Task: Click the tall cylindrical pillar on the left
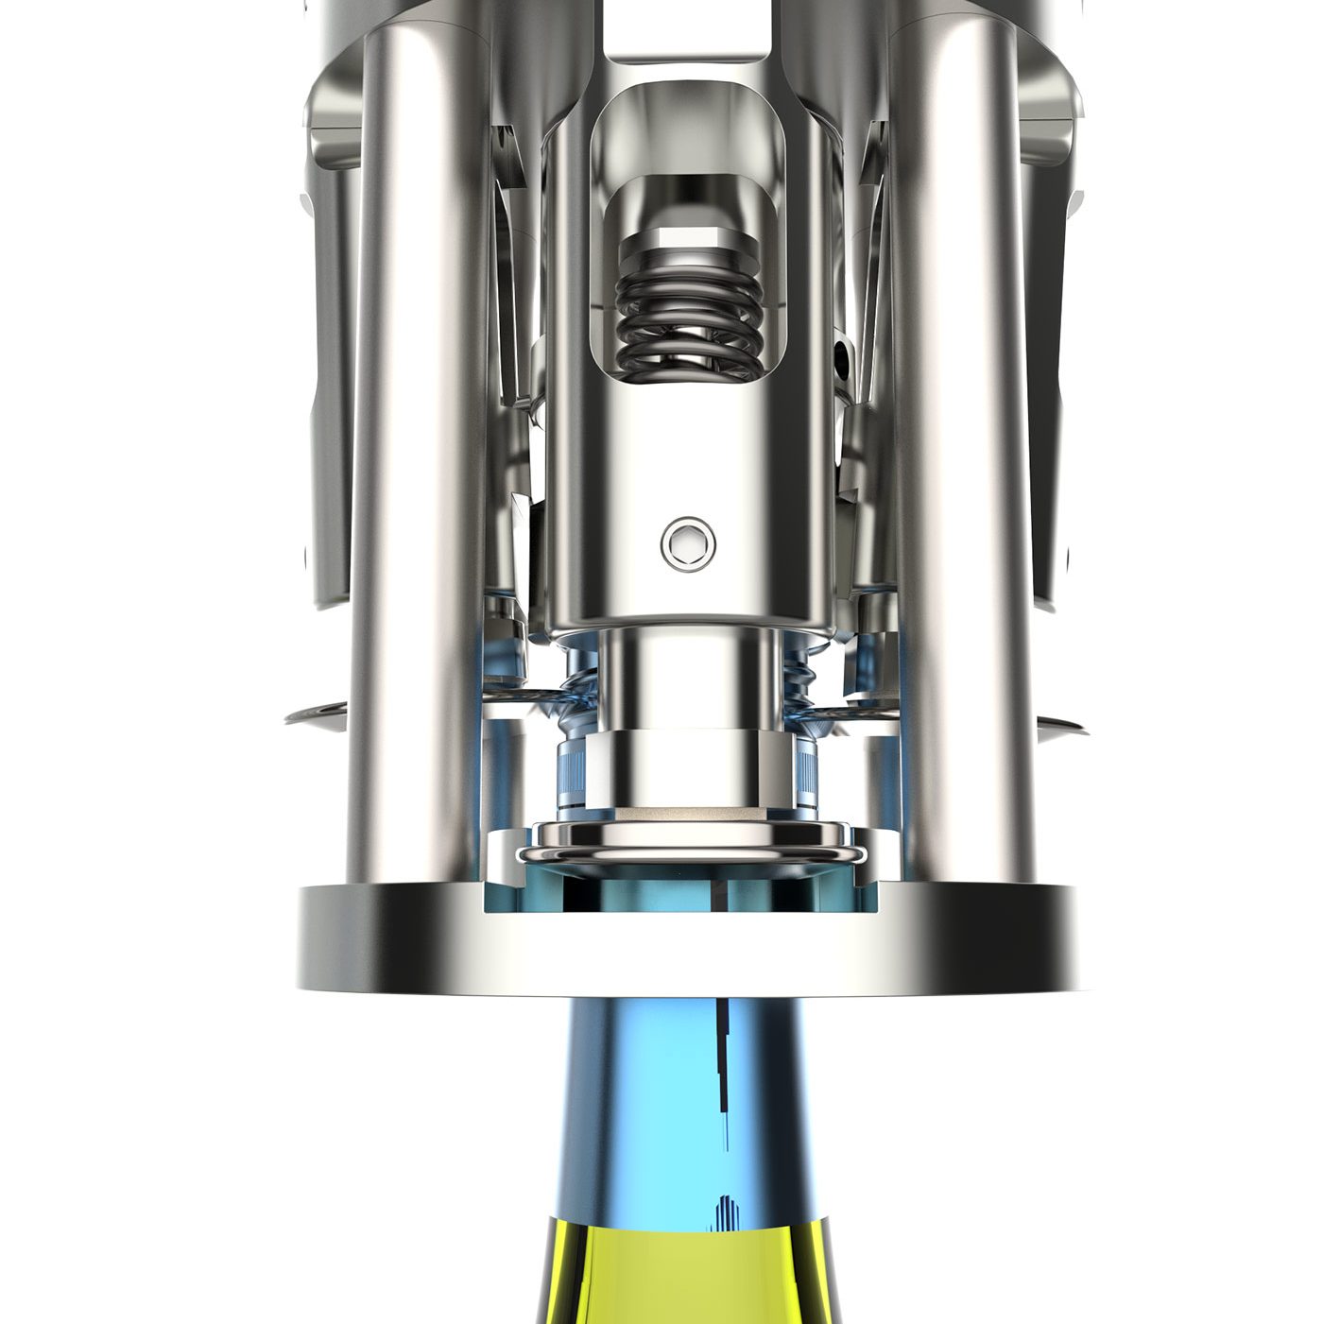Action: click(x=406, y=473)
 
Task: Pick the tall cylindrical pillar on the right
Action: click(x=964, y=473)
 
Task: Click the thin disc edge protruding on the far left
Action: click(x=312, y=715)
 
